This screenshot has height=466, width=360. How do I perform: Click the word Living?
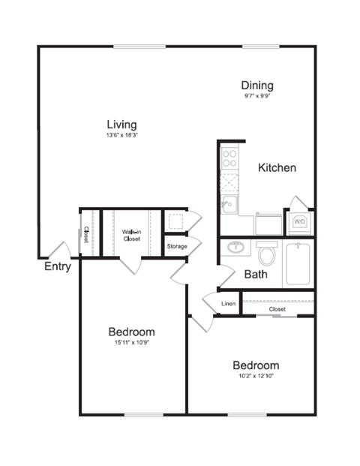(x=121, y=124)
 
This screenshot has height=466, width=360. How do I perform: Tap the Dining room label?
(x=256, y=86)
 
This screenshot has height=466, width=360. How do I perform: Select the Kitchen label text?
(x=277, y=167)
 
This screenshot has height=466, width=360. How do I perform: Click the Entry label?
(x=58, y=266)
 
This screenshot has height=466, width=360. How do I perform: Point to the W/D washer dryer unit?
(x=298, y=221)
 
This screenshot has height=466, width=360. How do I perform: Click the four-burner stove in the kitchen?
(x=229, y=158)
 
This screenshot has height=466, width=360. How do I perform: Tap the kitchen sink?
(x=229, y=203)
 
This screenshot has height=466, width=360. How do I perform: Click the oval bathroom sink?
(x=235, y=248)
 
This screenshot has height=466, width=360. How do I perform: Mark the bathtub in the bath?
(x=298, y=263)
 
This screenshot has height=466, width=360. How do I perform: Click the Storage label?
(x=176, y=246)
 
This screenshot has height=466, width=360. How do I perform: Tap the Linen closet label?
(x=229, y=305)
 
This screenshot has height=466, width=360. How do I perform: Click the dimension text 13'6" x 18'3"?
(x=121, y=136)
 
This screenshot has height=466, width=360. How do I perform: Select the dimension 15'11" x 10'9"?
(x=131, y=344)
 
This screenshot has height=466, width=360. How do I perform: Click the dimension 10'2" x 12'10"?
(x=256, y=377)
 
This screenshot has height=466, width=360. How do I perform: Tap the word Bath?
(x=256, y=275)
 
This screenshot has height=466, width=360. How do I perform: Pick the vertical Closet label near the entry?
(x=86, y=234)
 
